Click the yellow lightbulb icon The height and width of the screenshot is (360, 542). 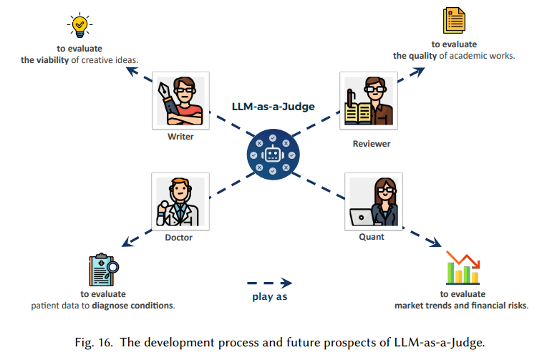point(79,25)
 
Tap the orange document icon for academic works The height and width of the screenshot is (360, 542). point(454,20)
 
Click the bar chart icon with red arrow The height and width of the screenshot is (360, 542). point(463,268)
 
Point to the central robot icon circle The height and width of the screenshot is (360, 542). point(273,155)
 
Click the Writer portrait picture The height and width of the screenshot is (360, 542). point(180,101)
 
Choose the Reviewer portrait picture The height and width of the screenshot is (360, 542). point(369,101)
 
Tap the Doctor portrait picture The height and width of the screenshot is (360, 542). point(180,202)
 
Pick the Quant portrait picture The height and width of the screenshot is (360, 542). point(374,202)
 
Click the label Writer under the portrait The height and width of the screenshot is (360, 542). point(180,137)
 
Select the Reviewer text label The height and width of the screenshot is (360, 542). point(372,144)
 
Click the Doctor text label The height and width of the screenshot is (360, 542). point(179,238)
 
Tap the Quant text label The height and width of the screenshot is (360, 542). point(372,237)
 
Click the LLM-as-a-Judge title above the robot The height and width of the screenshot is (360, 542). point(273,107)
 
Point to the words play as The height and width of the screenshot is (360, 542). point(270,296)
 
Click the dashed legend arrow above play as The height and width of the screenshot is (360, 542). point(270,283)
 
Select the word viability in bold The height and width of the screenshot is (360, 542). point(52,60)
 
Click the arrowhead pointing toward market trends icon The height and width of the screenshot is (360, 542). point(435,242)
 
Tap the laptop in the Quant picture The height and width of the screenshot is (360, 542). point(362,218)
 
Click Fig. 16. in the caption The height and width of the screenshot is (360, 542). point(94,342)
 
